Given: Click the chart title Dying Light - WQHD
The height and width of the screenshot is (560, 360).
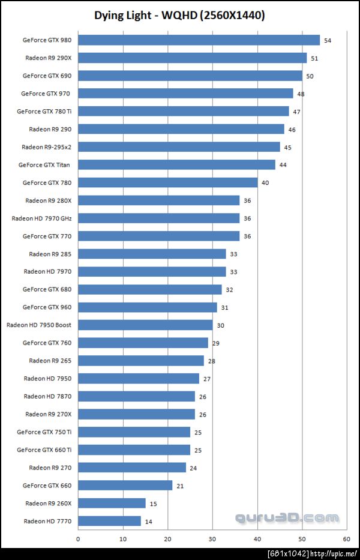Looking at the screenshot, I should point(179,15).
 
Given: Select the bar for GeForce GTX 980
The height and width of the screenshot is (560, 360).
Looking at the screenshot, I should point(199,40).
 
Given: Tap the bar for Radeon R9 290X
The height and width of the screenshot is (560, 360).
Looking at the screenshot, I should point(192,58).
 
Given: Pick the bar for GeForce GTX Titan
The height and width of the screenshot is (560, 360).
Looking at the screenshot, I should point(176,164).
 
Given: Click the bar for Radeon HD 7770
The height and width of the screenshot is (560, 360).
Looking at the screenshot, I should point(109,521).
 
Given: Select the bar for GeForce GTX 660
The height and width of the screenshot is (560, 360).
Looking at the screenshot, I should point(125,485).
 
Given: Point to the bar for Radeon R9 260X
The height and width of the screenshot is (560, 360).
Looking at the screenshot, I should point(112,503).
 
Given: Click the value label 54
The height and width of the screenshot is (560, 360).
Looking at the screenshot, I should point(328,41).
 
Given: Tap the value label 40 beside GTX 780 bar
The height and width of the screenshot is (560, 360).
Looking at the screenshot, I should point(265,182).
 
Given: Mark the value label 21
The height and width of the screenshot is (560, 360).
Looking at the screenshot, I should point(180,486).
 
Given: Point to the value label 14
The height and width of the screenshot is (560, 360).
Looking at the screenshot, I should point(148,522).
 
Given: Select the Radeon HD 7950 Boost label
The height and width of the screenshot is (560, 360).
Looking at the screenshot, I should point(39,325).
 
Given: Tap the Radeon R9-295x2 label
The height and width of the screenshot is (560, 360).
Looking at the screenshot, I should point(46,147).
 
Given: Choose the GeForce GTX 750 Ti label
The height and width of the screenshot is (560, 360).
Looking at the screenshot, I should point(44,432).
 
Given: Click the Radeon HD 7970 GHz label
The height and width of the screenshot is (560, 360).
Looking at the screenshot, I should point(41,218).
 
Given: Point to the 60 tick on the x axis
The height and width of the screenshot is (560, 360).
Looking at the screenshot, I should point(347,538).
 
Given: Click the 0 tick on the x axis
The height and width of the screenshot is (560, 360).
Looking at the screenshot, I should point(78,538).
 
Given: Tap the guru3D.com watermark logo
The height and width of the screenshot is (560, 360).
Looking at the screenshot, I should point(287,517).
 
